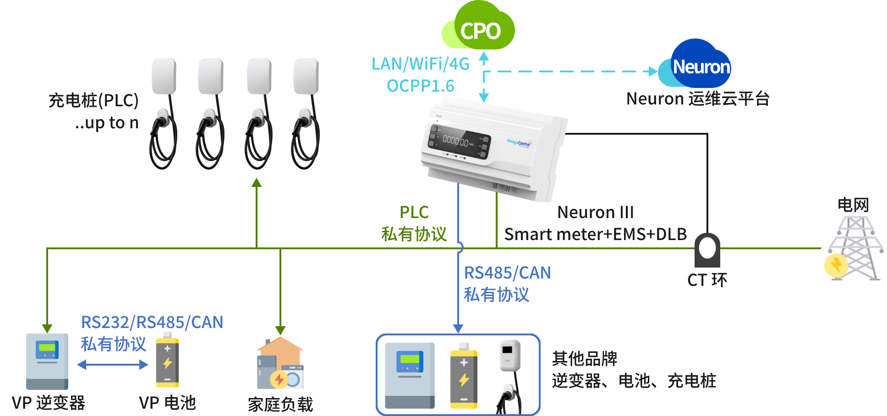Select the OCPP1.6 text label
pos(420,86)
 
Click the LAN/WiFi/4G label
pos(420,64)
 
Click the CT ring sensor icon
pos(707,250)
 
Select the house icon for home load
pos(280,363)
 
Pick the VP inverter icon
pos(47,361)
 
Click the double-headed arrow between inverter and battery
pos(113,365)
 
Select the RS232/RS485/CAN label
pos(152,322)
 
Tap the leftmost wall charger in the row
pos(164,112)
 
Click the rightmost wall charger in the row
pos(306,112)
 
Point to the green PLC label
pos(414,212)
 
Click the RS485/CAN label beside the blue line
pos(507,273)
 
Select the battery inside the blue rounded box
pos(464,376)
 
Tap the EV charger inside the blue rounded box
pos(509,373)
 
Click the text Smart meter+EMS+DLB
pos(595,234)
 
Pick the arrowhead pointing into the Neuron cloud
pos(653,71)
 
